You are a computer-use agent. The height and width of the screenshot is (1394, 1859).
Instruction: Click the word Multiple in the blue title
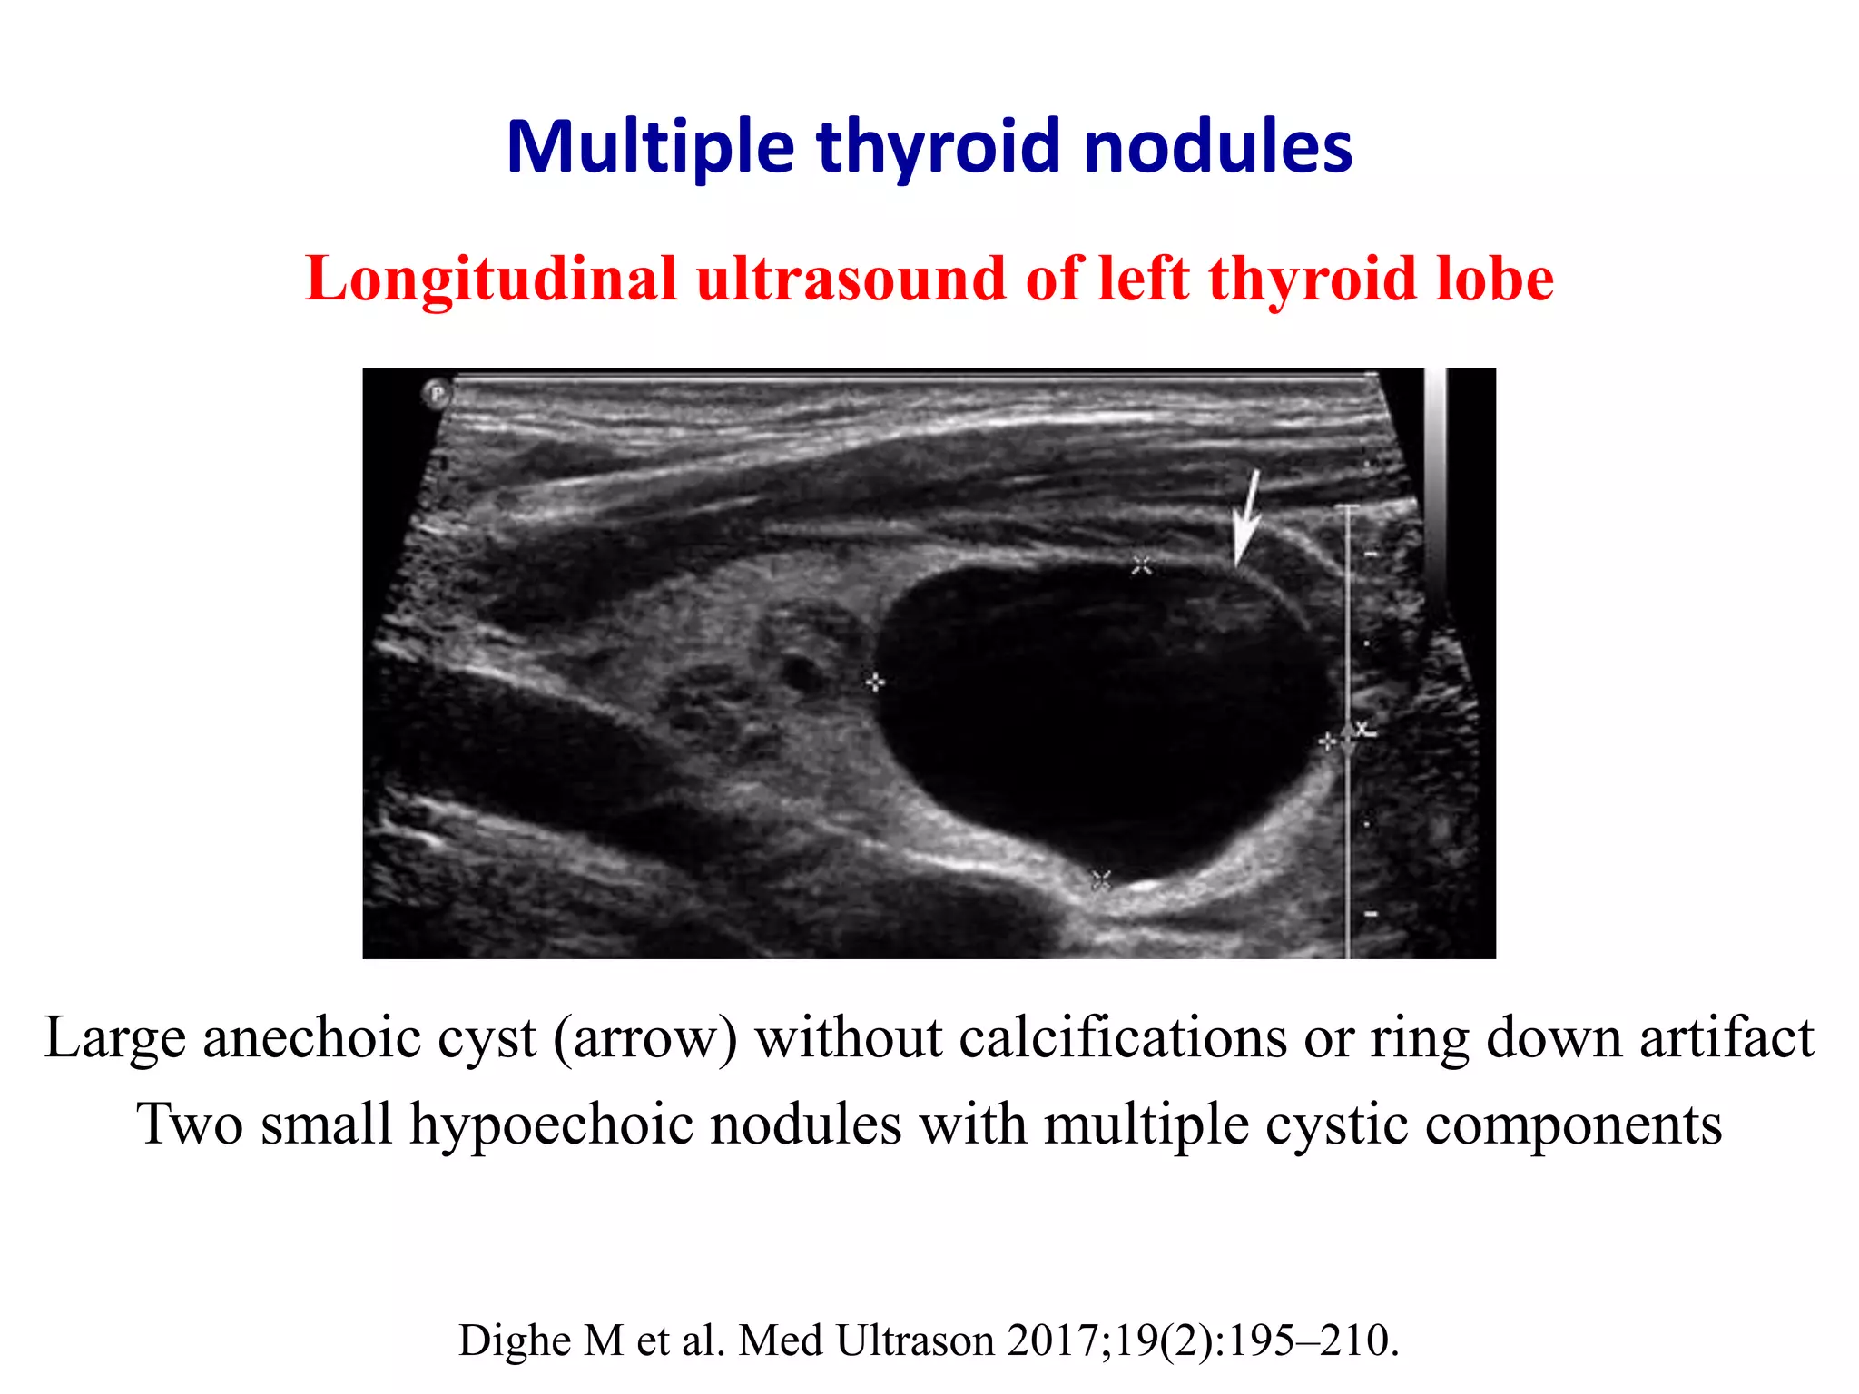coord(650,147)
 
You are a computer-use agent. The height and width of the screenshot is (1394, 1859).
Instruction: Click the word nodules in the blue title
coord(1217,147)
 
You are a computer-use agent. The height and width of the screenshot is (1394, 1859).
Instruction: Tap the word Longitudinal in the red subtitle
coord(491,279)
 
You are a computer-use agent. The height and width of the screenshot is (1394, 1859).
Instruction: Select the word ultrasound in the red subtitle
coord(851,279)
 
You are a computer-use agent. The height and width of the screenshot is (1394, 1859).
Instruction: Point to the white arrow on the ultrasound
coord(1246,517)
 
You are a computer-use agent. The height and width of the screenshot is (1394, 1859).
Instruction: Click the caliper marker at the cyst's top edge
coord(1142,566)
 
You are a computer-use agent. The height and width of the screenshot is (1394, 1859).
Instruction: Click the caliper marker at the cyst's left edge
coord(874,682)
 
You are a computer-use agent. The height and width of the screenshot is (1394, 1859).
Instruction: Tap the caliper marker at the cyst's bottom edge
coord(1101,879)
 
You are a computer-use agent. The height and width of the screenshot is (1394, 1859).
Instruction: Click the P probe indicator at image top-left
coord(437,394)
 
